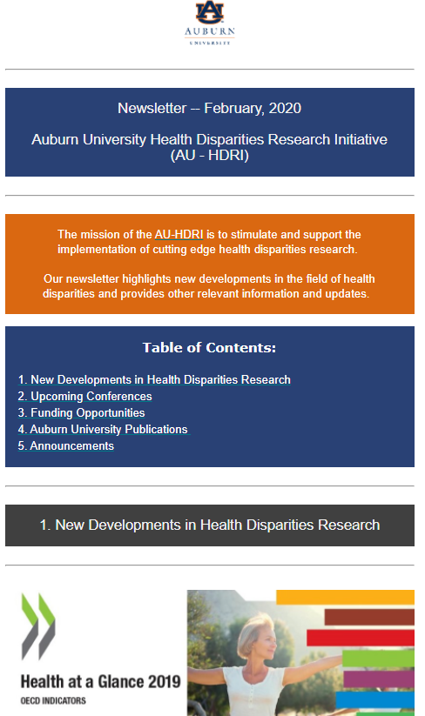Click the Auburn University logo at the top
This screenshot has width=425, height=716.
tap(210, 23)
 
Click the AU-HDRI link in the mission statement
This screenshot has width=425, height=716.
tap(179, 234)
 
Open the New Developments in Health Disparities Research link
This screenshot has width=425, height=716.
tap(154, 379)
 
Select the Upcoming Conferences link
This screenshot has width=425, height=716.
tap(84, 396)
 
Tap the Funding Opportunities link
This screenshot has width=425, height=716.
tap(81, 412)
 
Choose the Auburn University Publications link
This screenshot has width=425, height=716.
tap(103, 429)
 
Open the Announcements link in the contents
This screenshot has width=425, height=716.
tap(66, 445)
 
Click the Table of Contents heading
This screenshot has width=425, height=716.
tap(209, 347)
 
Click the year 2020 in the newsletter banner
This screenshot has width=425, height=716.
tap(285, 108)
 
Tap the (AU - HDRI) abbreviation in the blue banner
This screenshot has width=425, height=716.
tap(210, 155)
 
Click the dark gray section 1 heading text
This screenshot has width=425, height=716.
tap(210, 525)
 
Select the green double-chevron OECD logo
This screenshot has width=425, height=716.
tap(38, 626)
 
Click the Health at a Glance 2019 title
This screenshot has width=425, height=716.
tap(100, 682)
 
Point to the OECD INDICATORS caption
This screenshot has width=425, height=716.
tap(53, 700)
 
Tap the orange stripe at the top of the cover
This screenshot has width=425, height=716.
tap(345, 598)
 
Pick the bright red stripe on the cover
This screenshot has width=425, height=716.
tap(361, 638)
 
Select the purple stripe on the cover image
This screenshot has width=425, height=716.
tap(379, 679)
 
